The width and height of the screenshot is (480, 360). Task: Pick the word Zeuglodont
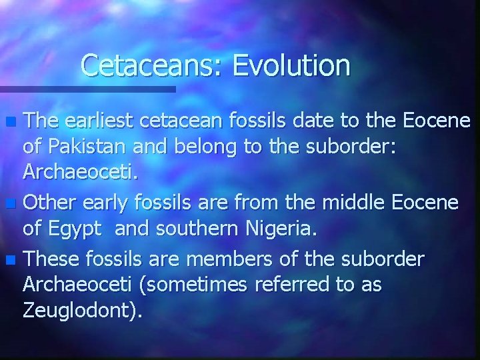tap(79, 310)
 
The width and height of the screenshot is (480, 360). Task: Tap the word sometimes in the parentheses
tap(194, 284)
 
